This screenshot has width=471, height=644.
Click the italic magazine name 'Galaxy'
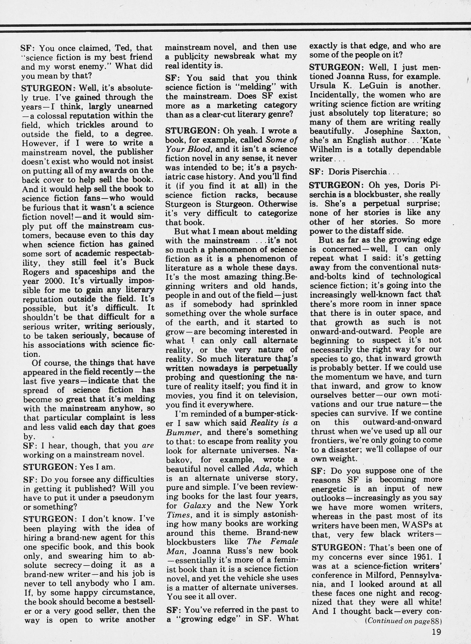(x=197, y=505)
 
